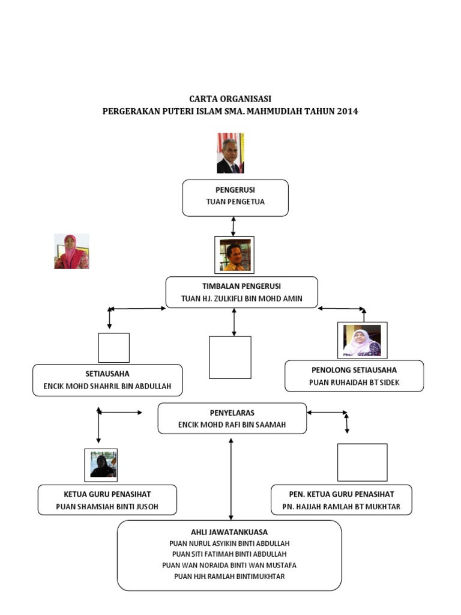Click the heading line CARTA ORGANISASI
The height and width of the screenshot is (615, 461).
230,98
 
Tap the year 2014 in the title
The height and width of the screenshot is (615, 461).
348,111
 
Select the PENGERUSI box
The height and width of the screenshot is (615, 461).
235,198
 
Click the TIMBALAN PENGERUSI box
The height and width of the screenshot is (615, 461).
241,292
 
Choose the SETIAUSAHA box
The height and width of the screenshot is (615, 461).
107,380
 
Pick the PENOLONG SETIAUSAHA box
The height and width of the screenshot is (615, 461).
354,376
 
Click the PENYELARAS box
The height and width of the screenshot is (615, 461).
232,418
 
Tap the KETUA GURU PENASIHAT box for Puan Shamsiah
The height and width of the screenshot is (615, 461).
107,500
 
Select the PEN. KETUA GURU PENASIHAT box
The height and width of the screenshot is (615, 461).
341,500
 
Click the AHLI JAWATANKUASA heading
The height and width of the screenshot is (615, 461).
229,532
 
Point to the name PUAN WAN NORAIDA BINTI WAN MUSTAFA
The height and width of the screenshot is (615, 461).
229,565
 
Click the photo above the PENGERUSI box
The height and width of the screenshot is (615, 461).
230,153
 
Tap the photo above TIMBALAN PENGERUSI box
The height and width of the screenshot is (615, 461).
234,255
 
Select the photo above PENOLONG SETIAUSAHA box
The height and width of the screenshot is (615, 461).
362,341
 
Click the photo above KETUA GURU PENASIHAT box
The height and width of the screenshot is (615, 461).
101,465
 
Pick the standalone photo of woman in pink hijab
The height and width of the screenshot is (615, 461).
71,251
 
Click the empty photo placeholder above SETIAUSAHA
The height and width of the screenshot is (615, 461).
113,348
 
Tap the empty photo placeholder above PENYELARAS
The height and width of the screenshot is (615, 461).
230,357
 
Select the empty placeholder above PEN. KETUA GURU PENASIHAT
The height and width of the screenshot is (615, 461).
362,462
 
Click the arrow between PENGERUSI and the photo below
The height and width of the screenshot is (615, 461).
233,226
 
